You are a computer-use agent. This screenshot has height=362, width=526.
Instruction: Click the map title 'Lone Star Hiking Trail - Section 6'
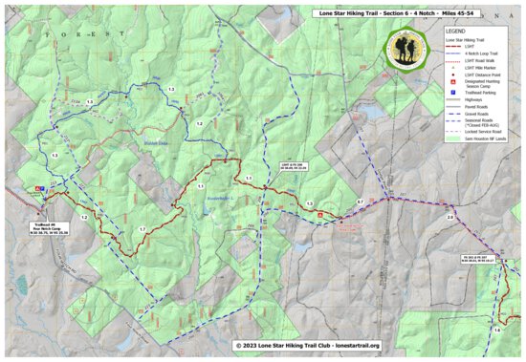coord(383,13)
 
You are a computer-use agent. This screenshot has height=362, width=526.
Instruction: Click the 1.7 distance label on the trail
coord(142,230)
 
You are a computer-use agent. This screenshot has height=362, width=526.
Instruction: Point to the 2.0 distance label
coord(449,218)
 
